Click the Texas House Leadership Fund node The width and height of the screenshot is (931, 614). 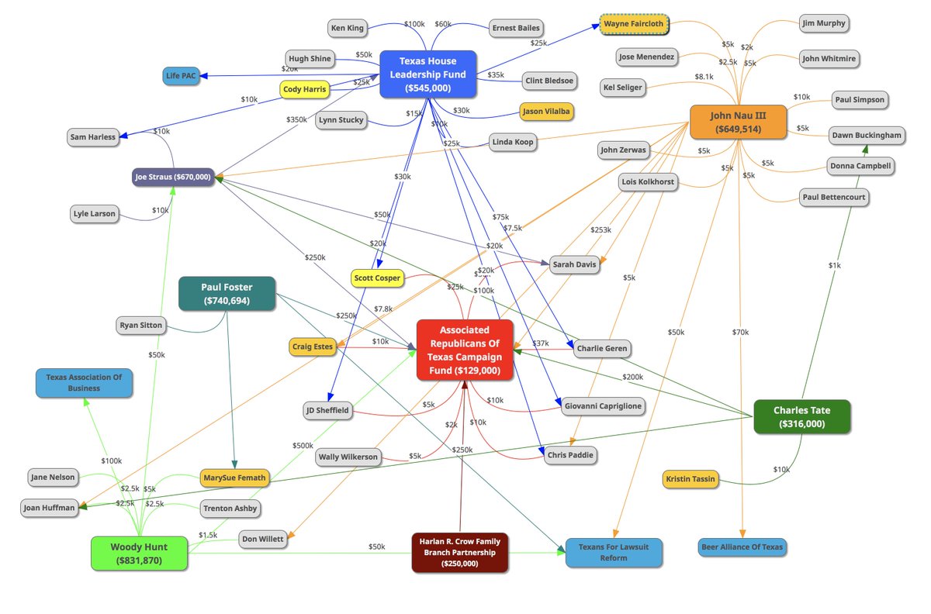427,74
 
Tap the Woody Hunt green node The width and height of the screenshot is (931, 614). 139,554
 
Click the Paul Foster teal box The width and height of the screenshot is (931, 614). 227,294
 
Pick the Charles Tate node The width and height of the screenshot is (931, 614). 801,417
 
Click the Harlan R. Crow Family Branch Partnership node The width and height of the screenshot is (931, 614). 460,552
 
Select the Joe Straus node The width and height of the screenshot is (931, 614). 173,177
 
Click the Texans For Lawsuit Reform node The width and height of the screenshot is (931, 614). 613,552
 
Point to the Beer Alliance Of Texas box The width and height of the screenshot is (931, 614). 742,547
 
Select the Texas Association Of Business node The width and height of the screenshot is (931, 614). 84,382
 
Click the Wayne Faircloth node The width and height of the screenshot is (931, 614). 634,25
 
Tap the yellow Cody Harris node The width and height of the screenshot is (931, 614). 304,89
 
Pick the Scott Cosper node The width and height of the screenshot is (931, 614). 377,278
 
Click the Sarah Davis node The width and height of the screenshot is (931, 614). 574,264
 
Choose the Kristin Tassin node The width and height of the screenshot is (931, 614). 690,479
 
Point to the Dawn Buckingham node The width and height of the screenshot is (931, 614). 867,135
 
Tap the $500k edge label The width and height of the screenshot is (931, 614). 302,445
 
